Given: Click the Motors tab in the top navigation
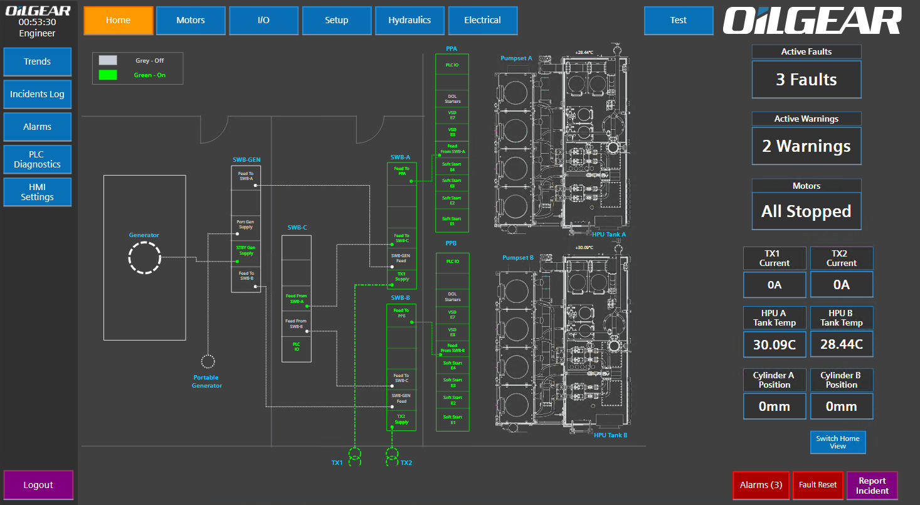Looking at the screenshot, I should pos(191,20).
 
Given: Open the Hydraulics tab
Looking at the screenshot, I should pos(410,20).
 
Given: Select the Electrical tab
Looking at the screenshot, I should pos(482,20).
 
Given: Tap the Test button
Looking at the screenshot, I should pos(678,20).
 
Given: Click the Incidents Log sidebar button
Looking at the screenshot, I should pos(37,94).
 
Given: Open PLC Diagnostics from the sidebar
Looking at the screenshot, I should pos(37,159).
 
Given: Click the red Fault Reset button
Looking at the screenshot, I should pos(818,485).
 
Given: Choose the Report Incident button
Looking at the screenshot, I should pos(872,486).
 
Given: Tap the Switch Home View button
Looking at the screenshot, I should pos(838,442).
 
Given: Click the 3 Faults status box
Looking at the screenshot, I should pos(806,80).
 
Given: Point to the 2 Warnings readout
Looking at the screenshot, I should pos(806,146).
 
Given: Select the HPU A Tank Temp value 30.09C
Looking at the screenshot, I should pos(775,344).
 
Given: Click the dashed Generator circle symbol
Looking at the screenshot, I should pos(144,258).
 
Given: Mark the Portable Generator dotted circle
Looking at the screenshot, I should pos(208,361).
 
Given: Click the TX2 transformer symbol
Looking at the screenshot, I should pos(392,457).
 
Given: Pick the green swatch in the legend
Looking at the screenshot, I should pos(108,75).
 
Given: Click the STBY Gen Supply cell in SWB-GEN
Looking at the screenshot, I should pos(246,251).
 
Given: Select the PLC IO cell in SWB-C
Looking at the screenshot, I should pos(297,346).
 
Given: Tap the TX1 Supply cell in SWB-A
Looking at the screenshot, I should pos(402,277).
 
